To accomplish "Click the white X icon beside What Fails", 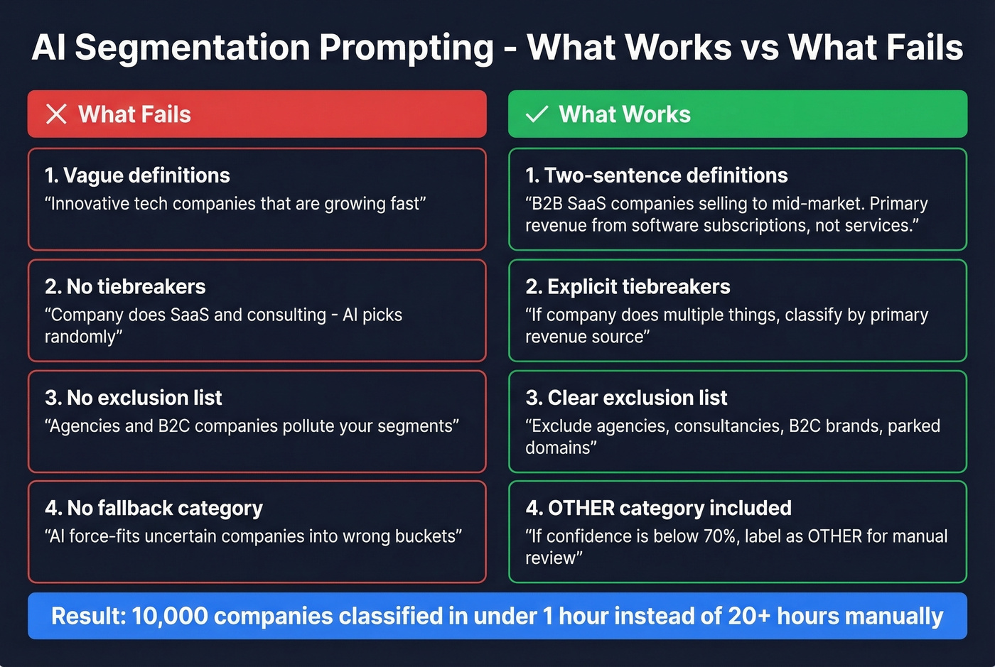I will [56, 114].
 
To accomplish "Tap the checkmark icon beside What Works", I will [537, 114].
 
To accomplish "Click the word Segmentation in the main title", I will [192, 48].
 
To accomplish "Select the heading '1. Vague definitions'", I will [137, 175].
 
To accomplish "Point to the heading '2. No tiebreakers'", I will [125, 286].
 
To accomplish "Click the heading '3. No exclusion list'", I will [134, 398].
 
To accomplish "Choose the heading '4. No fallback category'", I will [154, 509].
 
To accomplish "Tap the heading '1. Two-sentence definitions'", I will [657, 175].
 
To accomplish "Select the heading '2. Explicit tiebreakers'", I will [628, 286].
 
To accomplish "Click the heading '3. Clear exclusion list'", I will [626, 398].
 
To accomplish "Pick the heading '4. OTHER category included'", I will [658, 509].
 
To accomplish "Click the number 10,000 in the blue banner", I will [169, 616].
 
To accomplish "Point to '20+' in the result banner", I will [749, 616].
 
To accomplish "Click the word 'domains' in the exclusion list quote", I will [559, 448].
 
